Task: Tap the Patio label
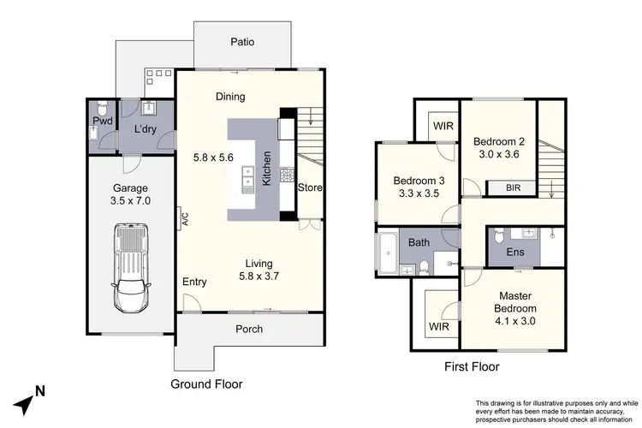pos(242,42)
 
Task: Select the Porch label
pos(249,329)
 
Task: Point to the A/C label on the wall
pos(184,219)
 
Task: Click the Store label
pos(310,187)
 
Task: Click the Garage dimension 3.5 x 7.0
pos(131,202)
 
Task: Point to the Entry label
pos(194,282)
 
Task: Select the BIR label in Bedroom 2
pos(511,188)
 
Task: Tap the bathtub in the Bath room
pos(386,254)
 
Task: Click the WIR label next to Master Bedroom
pos(437,326)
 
